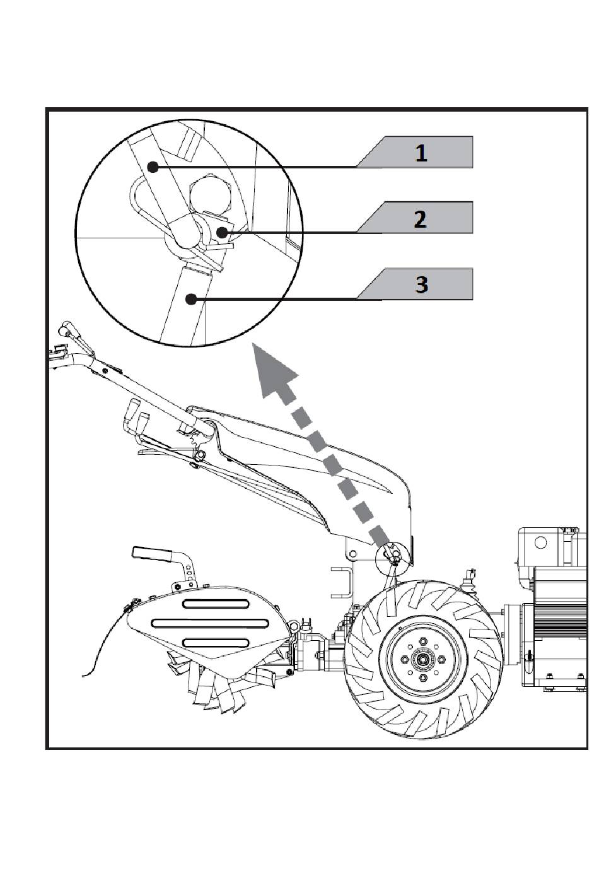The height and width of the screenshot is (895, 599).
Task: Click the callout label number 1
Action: (x=421, y=153)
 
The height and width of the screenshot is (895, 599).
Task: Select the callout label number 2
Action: (x=420, y=219)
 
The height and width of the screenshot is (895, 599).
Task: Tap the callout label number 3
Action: (x=421, y=285)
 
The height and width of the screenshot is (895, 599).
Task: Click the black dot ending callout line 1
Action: (x=152, y=167)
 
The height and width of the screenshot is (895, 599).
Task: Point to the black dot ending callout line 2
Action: (x=222, y=232)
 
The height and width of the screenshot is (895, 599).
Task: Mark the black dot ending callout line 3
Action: (x=192, y=298)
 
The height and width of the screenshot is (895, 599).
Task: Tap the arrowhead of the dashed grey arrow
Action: (x=275, y=370)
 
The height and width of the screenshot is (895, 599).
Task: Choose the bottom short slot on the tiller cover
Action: (x=216, y=643)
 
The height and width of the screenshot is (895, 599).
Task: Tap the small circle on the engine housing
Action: (x=540, y=542)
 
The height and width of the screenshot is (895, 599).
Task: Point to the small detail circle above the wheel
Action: (x=393, y=554)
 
